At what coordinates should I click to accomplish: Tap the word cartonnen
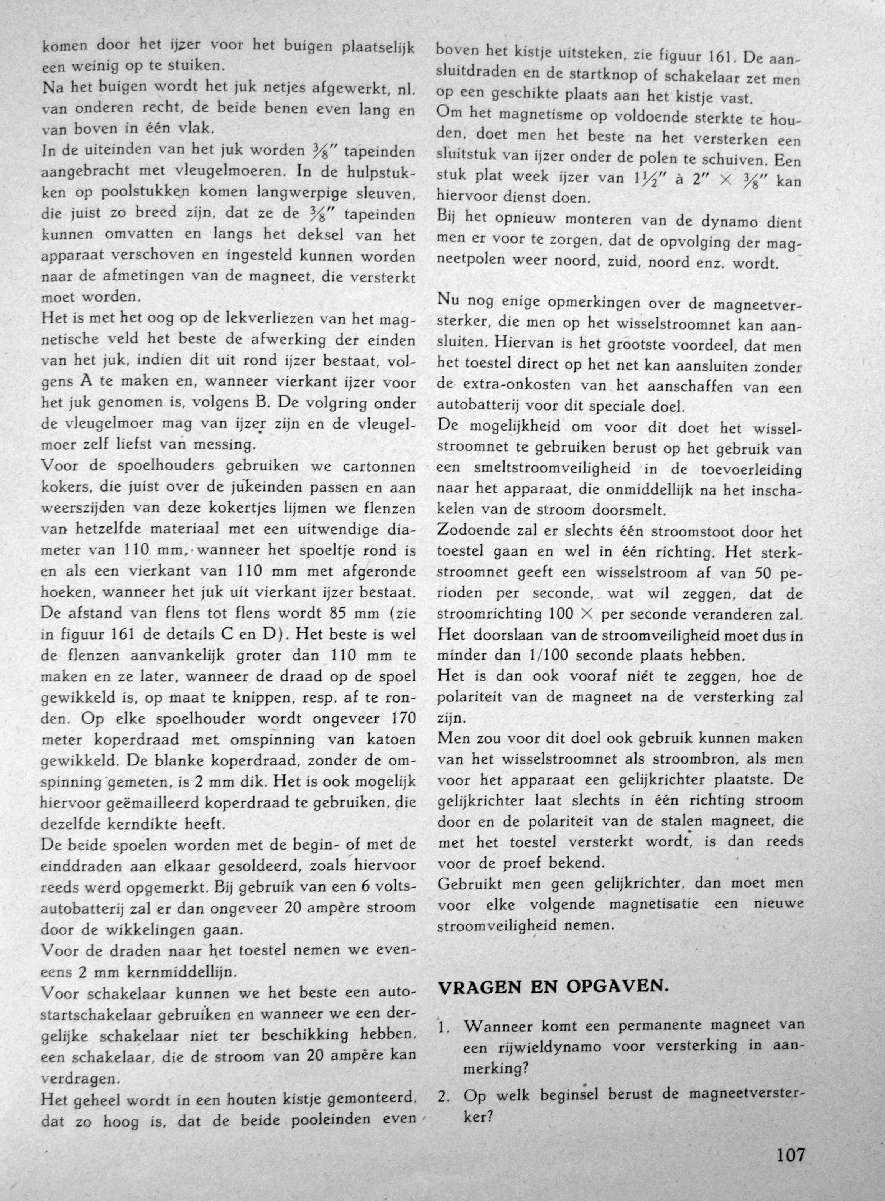(382, 466)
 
